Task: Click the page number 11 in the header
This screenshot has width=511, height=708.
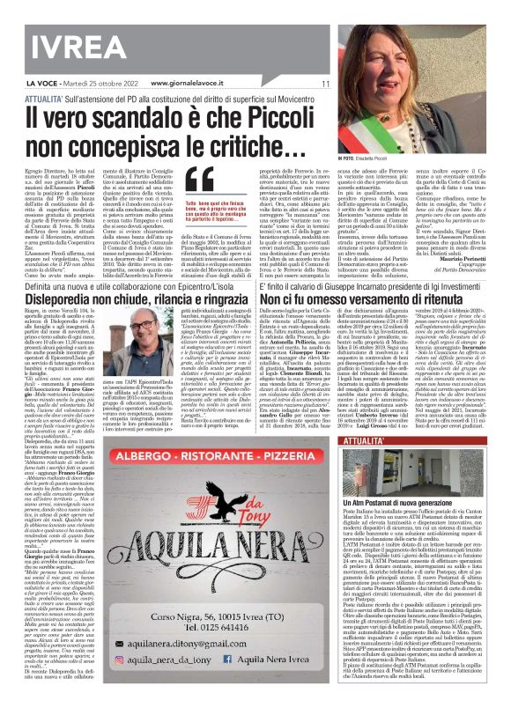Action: point(324,83)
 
